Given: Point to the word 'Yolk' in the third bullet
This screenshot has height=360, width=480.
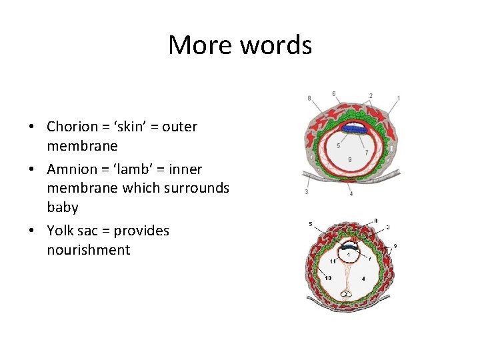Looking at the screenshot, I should click(61, 231).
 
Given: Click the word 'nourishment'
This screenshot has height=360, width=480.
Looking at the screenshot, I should click(88, 250).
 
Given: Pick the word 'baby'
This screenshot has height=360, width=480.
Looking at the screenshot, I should click(62, 207).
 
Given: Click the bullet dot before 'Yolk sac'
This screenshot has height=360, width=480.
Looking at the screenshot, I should click(31, 231).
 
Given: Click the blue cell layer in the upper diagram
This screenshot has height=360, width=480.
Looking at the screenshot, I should click(353, 129).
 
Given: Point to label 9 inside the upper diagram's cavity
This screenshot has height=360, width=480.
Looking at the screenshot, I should click(350, 159).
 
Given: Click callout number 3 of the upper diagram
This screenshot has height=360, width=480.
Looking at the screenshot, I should click(306, 192).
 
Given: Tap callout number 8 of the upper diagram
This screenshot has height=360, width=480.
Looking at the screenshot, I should click(309, 98).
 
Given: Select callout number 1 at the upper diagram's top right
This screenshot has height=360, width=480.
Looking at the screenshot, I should click(398, 98).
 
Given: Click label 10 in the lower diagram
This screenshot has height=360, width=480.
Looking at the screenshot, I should click(329, 277).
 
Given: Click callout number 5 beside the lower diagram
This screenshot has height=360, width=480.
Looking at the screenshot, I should click(311, 223).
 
